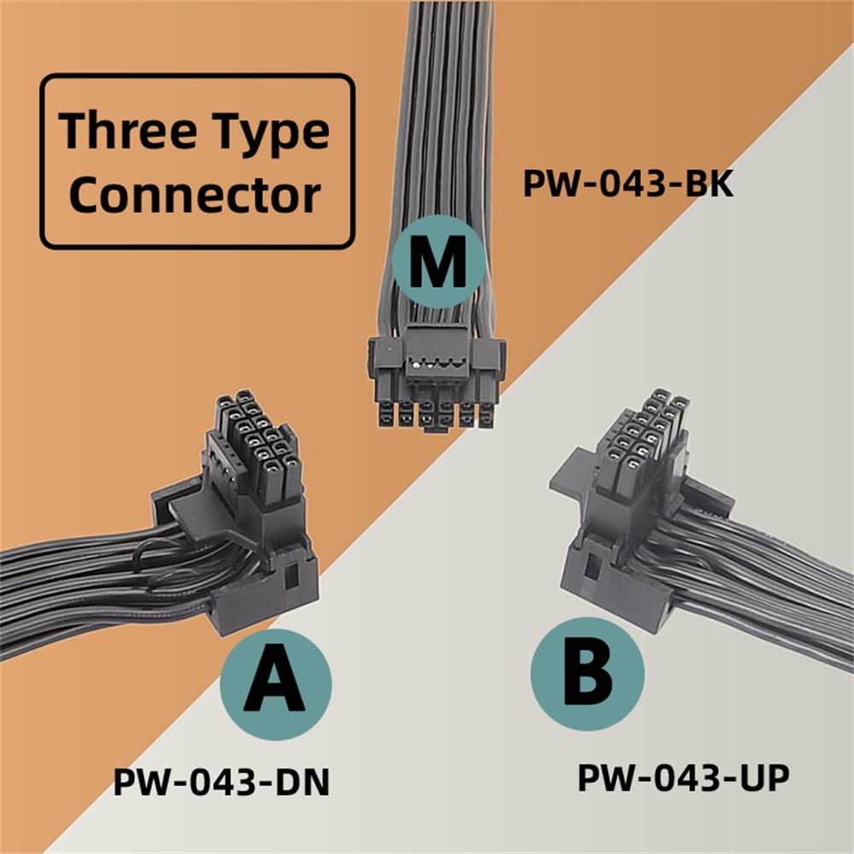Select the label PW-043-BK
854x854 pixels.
coord(628,184)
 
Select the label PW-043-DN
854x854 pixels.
coord(221,782)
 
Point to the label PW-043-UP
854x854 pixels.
coord(682,777)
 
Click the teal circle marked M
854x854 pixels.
coord(437,261)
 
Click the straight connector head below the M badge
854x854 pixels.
coord(436,380)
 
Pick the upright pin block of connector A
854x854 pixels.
coord(252,448)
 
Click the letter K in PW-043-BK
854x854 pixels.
coord(719,184)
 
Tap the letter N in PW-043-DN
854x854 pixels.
coord(314,782)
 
